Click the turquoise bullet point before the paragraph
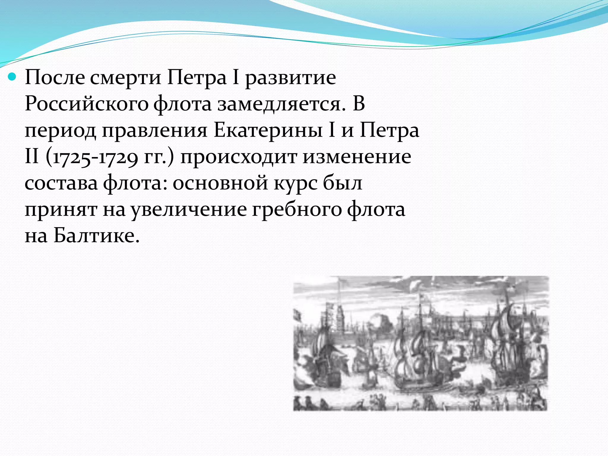point(13,78)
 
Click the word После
point(55,78)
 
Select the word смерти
point(125,78)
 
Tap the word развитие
point(291,78)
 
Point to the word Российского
point(86,104)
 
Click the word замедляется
point(281,104)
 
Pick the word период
point(60,131)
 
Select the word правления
point(154,131)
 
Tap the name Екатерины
point(268,131)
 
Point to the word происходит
point(238,157)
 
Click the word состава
point(61,183)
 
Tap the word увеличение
point(189,210)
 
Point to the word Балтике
point(96,236)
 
